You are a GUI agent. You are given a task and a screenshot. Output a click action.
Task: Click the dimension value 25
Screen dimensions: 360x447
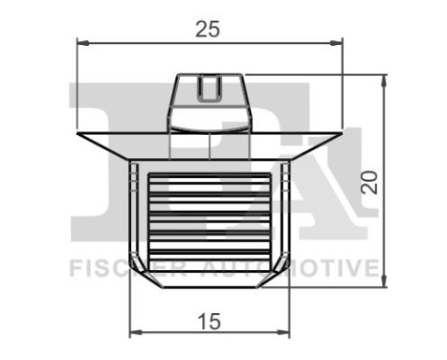[208, 29]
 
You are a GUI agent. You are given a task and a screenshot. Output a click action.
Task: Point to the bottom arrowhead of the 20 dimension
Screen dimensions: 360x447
[384, 281]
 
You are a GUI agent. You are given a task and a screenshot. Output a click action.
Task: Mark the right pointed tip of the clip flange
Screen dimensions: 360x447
[341, 132]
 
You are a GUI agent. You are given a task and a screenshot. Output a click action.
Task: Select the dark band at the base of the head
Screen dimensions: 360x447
[209, 123]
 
